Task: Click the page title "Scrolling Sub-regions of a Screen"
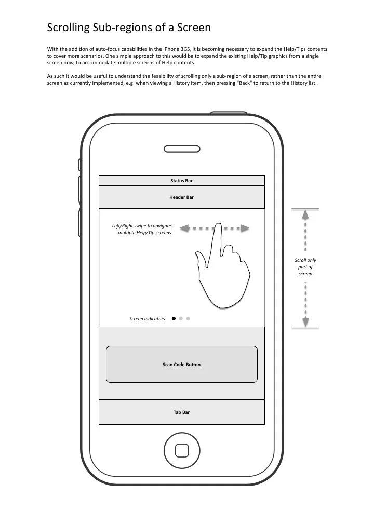(x=129, y=27)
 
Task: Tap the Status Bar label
(x=181, y=181)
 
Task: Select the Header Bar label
(x=181, y=197)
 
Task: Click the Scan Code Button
(x=181, y=365)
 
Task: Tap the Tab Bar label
(x=181, y=412)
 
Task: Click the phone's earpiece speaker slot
(x=181, y=149)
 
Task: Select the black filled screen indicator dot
(x=174, y=319)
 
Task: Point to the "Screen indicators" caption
(x=147, y=319)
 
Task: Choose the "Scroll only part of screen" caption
(x=305, y=267)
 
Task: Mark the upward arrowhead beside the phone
(x=305, y=214)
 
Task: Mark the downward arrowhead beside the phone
(x=305, y=322)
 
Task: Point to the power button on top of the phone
(x=229, y=112)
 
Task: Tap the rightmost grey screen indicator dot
(x=188, y=319)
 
